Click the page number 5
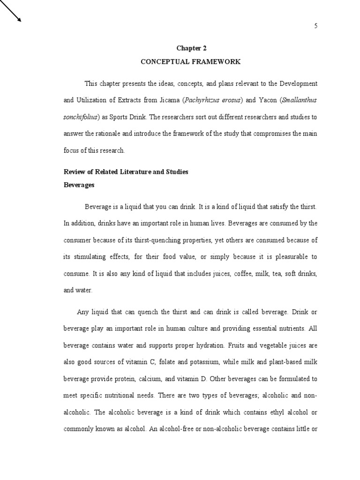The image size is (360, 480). tap(316, 26)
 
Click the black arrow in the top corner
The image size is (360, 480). tap(11, 12)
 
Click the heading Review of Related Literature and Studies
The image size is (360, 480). tap(126, 172)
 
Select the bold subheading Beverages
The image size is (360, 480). tap(79, 185)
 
